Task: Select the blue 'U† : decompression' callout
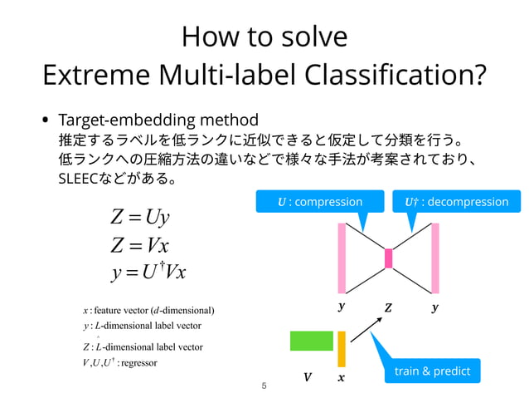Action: [x=456, y=202]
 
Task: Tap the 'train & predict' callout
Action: [x=431, y=371]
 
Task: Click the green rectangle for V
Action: [x=311, y=341]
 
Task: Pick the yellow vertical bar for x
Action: [x=341, y=349]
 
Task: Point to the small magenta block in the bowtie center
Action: [x=388, y=258]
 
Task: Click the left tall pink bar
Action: [x=341, y=258]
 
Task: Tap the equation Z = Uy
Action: [x=139, y=218]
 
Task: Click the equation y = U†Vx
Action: [x=148, y=273]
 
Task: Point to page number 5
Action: [x=264, y=386]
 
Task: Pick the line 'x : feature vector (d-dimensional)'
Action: [x=148, y=310]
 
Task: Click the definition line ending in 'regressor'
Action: [x=120, y=363]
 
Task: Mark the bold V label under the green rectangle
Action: [x=308, y=377]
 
